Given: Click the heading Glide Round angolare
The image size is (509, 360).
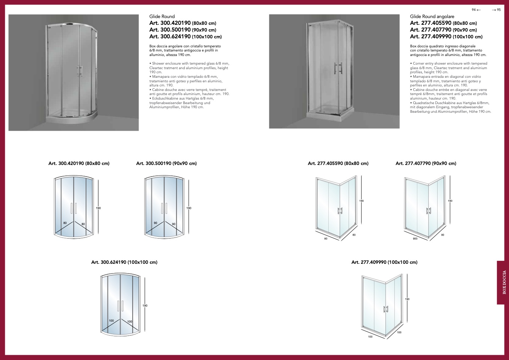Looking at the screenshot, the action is click(x=432, y=17).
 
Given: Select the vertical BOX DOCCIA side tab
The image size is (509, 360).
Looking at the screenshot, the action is click(x=503, y=282).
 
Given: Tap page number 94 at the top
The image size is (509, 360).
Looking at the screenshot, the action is click(x=474, y=10).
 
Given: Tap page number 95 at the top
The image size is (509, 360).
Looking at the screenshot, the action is click(x=499, y=10).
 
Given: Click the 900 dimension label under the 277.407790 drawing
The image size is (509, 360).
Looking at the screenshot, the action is click(x=415, y=239).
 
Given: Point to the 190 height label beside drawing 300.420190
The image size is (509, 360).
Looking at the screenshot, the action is click(x=98, y=208).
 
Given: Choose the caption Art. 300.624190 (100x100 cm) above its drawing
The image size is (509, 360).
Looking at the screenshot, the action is click(x=124, y=262).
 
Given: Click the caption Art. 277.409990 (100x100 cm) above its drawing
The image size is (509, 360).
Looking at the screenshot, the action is click(x=385, y=262).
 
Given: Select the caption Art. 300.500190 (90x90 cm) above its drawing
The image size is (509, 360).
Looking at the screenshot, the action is click(x=166, y=163).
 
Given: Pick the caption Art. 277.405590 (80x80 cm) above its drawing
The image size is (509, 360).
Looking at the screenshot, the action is click(x=338, y=163).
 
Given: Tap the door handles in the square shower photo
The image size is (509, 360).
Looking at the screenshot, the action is click(x=338, y=68).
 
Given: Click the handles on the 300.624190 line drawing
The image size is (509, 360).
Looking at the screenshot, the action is click(x=120, y=306).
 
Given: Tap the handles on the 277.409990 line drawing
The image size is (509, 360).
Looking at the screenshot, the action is click(x=386, y=309).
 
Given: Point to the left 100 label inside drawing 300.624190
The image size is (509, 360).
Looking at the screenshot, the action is click(x=111, y=321).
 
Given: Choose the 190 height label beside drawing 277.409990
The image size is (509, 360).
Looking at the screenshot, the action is click(x=407, y=299).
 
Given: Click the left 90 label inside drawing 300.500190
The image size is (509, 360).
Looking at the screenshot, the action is click(x=156, y=223).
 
